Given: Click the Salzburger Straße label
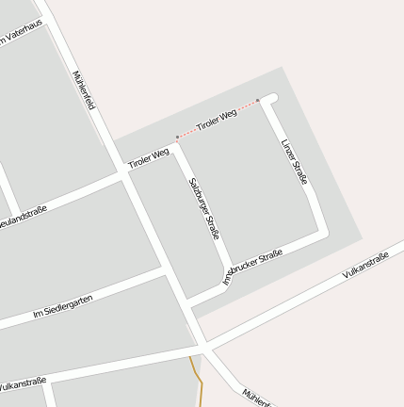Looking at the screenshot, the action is [203, 207].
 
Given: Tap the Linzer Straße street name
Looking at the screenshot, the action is [295, 161].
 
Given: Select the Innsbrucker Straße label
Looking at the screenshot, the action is [252, 267].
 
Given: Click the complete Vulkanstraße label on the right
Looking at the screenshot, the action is [365, 264].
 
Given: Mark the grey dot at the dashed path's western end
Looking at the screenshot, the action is [177, 138].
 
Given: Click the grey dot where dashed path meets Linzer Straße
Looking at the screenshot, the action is [258, 101].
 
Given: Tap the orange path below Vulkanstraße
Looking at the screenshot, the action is [198, 377].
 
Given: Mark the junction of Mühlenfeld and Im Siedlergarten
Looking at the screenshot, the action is [167, 270].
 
